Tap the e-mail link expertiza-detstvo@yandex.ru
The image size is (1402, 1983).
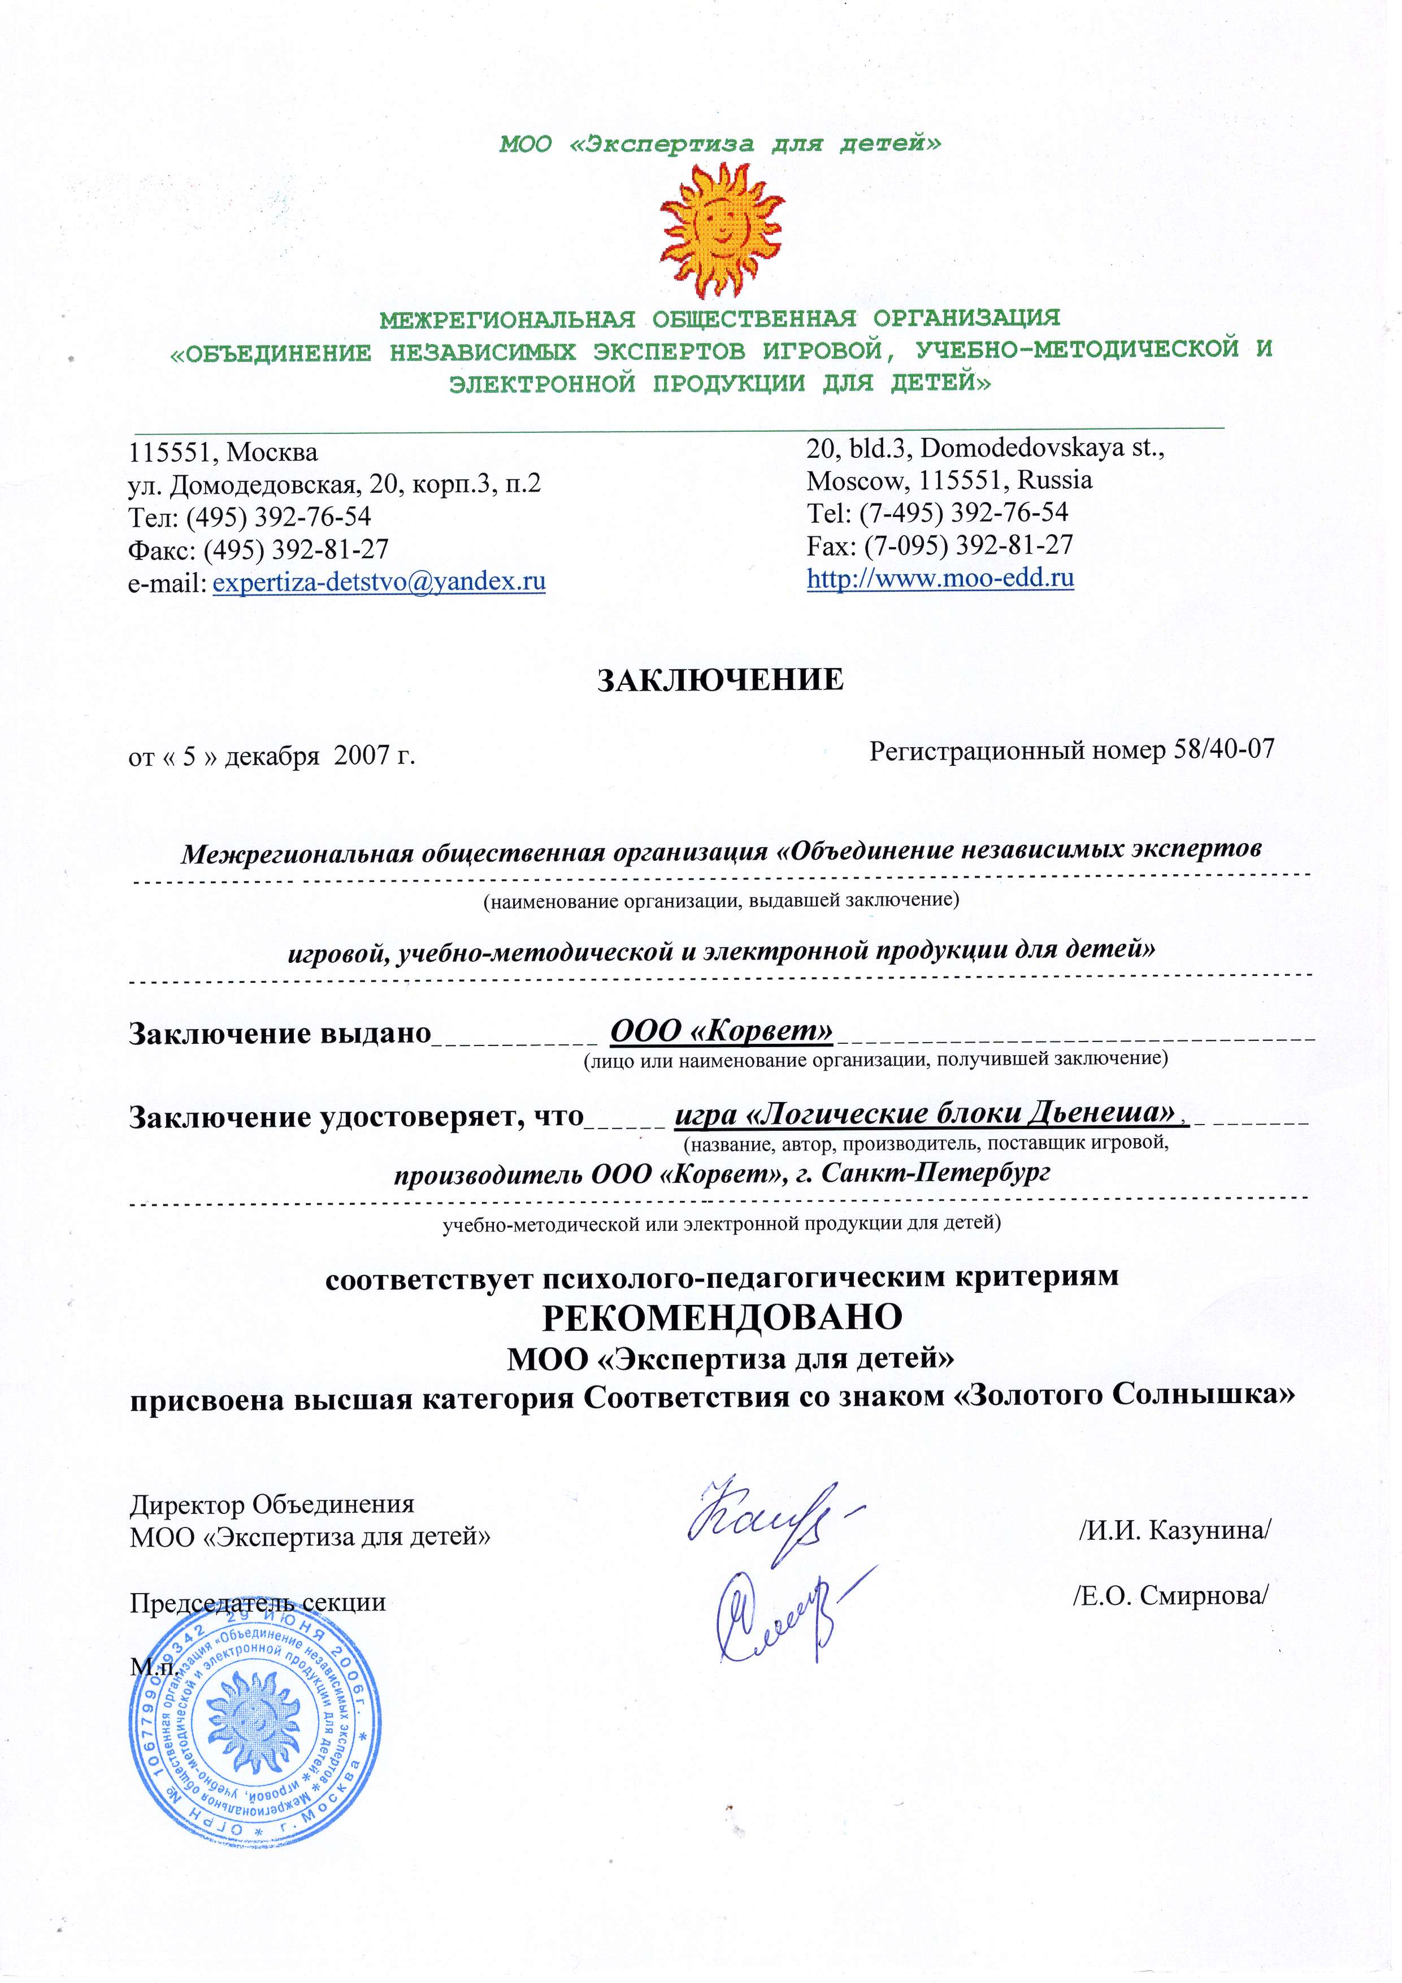(379, 582)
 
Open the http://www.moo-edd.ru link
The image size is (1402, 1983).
(940, 577)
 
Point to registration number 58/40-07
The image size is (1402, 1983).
(1223, 749)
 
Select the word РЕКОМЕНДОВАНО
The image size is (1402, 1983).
(721, 1317)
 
